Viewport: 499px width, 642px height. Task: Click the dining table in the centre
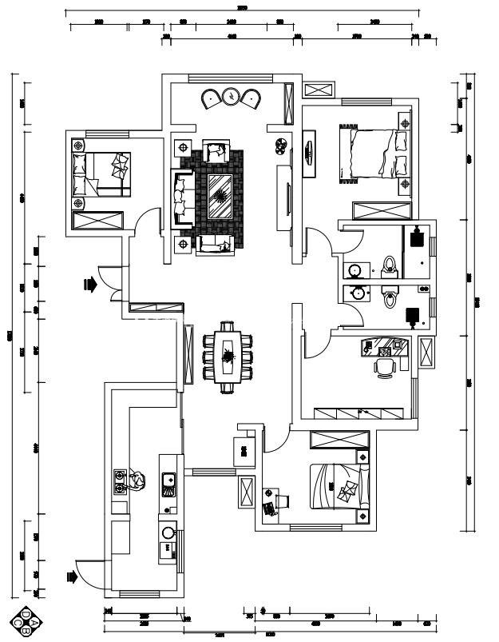click(228, 356)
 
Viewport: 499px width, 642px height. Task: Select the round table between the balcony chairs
click(232, 96)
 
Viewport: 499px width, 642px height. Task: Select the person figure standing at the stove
click(137, 480)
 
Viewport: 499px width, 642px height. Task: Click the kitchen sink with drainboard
click(168, 481)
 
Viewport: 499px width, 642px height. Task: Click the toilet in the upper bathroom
click(390, 265)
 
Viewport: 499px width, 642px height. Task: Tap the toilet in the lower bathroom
click(390, 297)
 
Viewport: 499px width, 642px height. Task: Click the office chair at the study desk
click(385, 366)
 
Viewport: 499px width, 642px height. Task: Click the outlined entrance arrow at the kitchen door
click(70, 575)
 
